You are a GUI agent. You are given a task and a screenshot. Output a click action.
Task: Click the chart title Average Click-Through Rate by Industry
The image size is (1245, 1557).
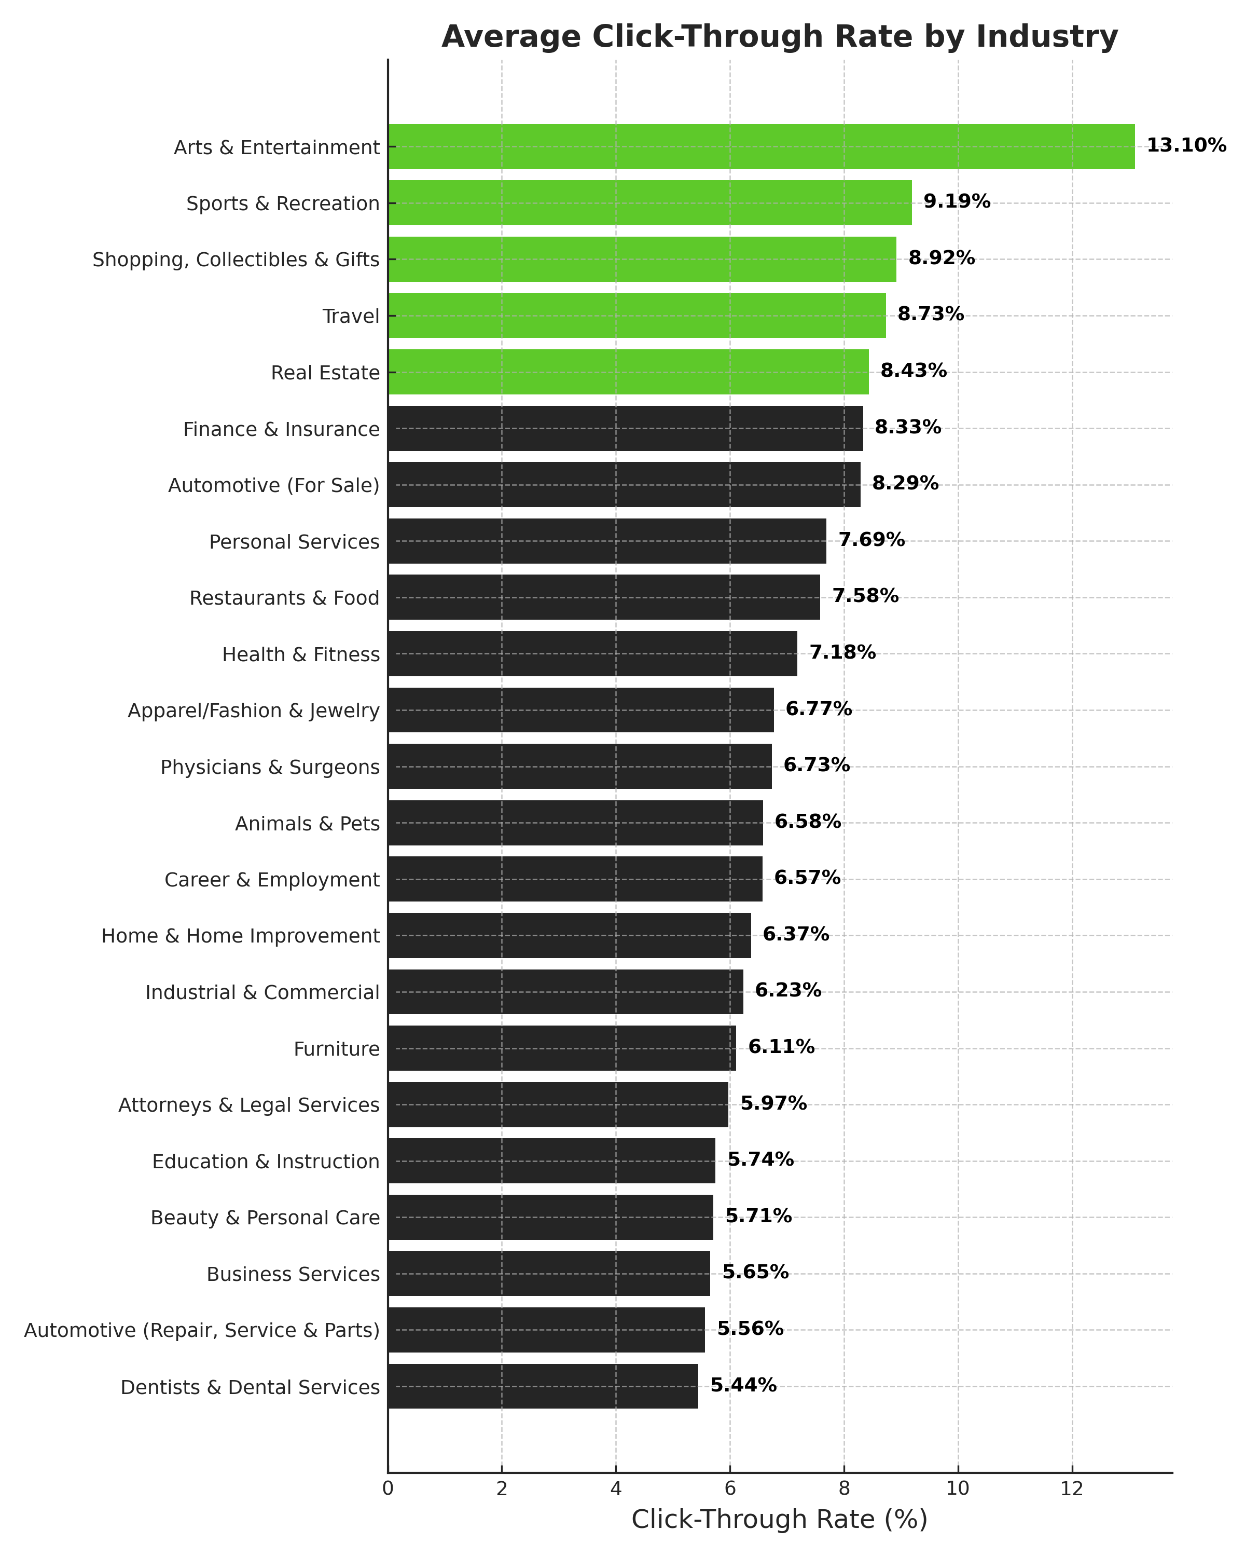click(780, 36)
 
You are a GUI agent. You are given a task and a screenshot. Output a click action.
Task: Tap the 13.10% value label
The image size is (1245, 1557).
click(1186, 146)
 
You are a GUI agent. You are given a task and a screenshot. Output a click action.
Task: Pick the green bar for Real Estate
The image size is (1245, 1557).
click(628, 372)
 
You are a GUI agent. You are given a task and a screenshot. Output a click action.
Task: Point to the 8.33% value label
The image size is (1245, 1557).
click(907, 428)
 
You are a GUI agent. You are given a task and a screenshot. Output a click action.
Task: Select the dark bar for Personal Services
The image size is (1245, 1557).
click(606, 541)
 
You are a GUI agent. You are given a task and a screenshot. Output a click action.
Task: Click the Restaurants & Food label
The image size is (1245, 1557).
click(284, 598)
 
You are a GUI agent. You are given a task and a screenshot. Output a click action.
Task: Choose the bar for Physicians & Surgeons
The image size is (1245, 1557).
click(579, 766)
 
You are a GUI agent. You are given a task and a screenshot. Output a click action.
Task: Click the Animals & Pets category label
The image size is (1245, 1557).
click(308, 823)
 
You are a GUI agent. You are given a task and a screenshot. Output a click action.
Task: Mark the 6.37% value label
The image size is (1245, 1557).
click(795, 935)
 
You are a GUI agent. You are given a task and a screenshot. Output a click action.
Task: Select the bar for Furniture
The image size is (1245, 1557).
click(561, 1048)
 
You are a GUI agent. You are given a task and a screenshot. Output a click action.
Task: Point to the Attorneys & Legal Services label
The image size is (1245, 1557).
click(249, 1105)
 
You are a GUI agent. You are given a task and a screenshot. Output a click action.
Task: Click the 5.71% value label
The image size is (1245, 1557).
click(758, 1216)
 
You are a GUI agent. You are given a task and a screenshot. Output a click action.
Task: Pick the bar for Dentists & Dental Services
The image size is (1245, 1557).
click(543, 1386)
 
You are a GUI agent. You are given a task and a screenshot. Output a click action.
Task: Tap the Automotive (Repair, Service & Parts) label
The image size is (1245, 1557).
click(202, 1330)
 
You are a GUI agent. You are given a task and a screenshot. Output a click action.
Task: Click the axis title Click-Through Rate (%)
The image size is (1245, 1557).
click(780, 1520)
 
